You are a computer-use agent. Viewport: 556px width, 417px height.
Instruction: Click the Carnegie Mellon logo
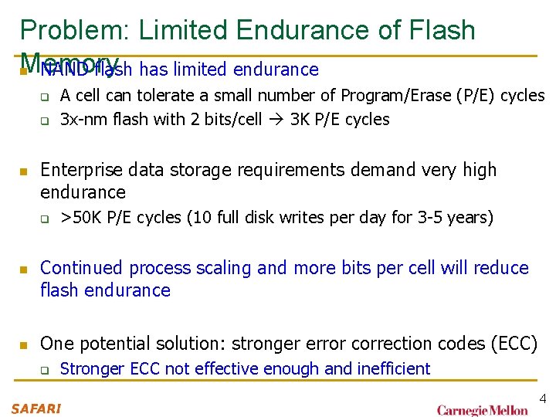483,409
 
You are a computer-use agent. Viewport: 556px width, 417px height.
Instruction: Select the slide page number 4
542,398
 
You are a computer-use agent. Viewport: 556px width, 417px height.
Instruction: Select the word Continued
82,268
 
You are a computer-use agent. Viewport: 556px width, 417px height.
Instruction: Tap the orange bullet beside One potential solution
24,344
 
